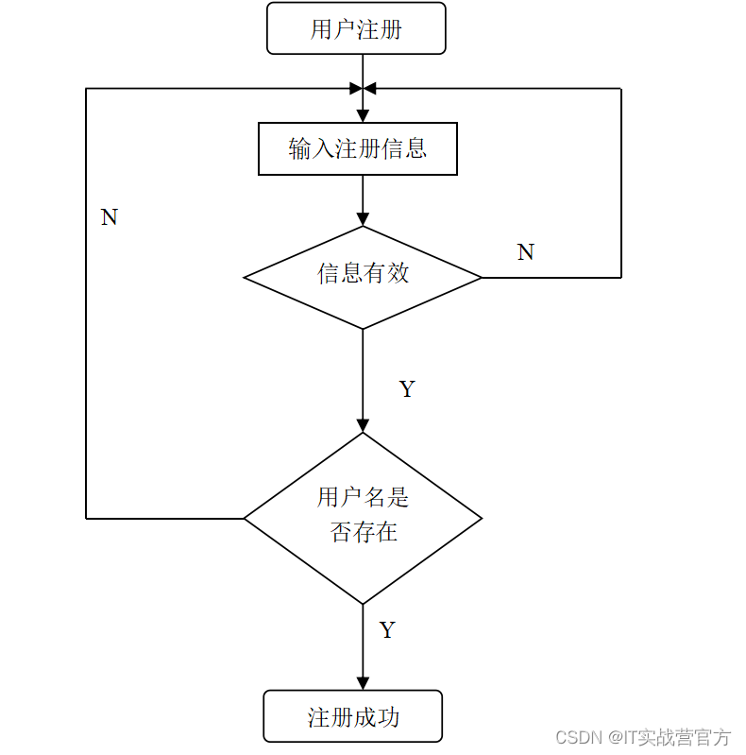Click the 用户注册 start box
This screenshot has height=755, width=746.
pos(356,28)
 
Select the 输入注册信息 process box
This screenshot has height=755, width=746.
pos(358,148)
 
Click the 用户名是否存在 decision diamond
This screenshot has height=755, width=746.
pos(363,517)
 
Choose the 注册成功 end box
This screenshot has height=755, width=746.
pos(353,716)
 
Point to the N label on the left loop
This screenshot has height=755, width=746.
pos(110,217)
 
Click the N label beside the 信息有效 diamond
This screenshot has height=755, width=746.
pos(526,252)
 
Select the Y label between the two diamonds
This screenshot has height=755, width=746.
pos(407,389)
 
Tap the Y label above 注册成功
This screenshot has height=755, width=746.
pos(387,630)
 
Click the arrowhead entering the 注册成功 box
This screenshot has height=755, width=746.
pos(363,683)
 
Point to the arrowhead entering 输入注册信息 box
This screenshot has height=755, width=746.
pos(363,116)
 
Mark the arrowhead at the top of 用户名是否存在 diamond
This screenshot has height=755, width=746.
pos(363,425)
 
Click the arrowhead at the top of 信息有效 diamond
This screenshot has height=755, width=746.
pos(363,219)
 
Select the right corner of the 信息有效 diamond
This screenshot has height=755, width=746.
pos(481,277)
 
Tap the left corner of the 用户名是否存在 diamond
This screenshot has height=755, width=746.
pos(246,518)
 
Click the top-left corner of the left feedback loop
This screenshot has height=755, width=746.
pos(87,89)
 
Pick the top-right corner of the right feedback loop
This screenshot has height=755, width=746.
pos(620,89)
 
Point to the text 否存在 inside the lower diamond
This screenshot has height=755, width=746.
pos(364,532)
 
